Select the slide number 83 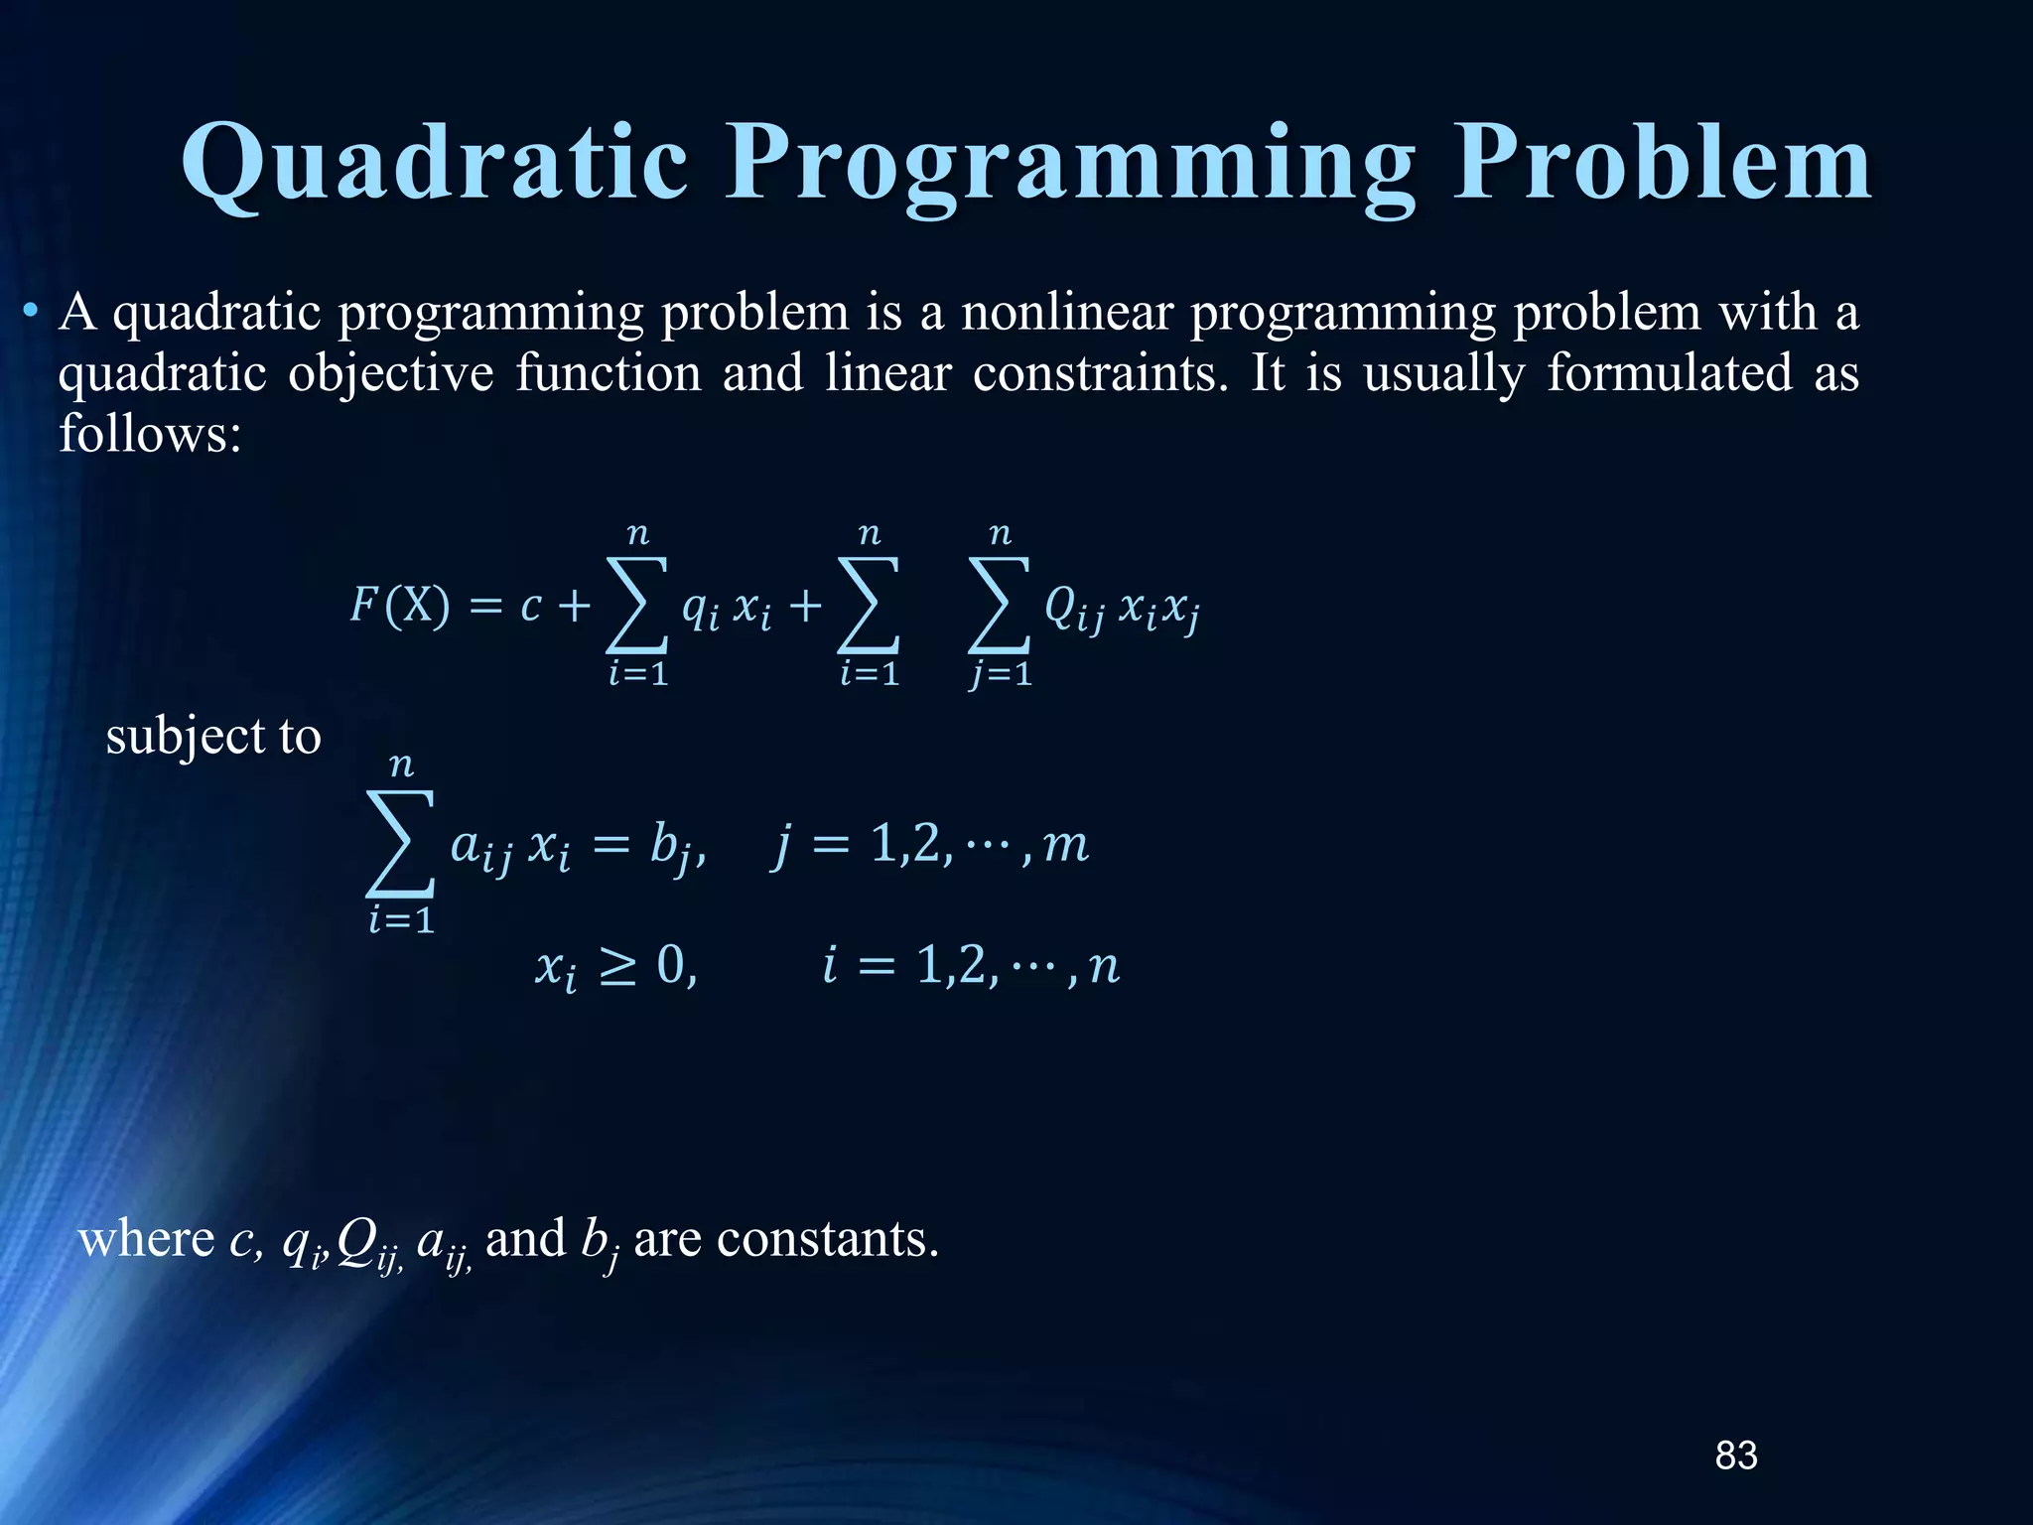click(x=1736, y=1456)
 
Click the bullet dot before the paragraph click(x=32, y=314)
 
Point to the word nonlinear click(x=1067, y=314)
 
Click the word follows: click(x=150, y=435)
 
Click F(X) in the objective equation click(x=400, y=605)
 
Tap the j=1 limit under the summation click(x=1002, y=675)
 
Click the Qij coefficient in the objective click(x=1074, y=608)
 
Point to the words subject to click(x=213, y=737)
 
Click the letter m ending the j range click(x=1066, y=846)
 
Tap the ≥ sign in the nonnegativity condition click(x=617, y=967)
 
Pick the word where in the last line click(x=146, y=1239)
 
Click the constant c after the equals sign click(x=531, y=606)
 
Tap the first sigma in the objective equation click(x=636, y=605)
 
